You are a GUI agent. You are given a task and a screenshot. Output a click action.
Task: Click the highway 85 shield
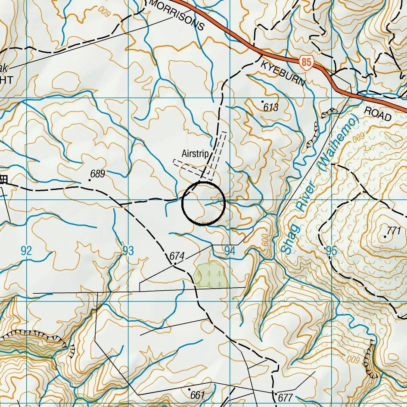click(306, 62)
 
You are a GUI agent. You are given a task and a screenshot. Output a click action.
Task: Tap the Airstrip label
click(195, 154)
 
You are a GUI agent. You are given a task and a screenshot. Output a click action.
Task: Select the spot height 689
click(97, 174)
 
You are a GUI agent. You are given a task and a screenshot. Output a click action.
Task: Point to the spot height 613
click(271, 107)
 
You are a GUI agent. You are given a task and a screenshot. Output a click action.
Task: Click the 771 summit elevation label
click(394, 230)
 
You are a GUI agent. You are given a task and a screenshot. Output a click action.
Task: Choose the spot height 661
click(197, 395)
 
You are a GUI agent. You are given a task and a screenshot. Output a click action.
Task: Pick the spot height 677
click(285, 397)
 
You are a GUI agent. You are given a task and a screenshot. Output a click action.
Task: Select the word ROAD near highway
click(378, 113)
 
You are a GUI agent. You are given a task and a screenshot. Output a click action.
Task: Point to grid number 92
click(26, 251)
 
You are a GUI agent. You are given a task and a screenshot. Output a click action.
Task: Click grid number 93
click(128, 251)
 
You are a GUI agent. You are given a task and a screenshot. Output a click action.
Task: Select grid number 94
click(230, 251)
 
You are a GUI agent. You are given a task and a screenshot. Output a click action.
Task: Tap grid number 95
click(331, 251)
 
